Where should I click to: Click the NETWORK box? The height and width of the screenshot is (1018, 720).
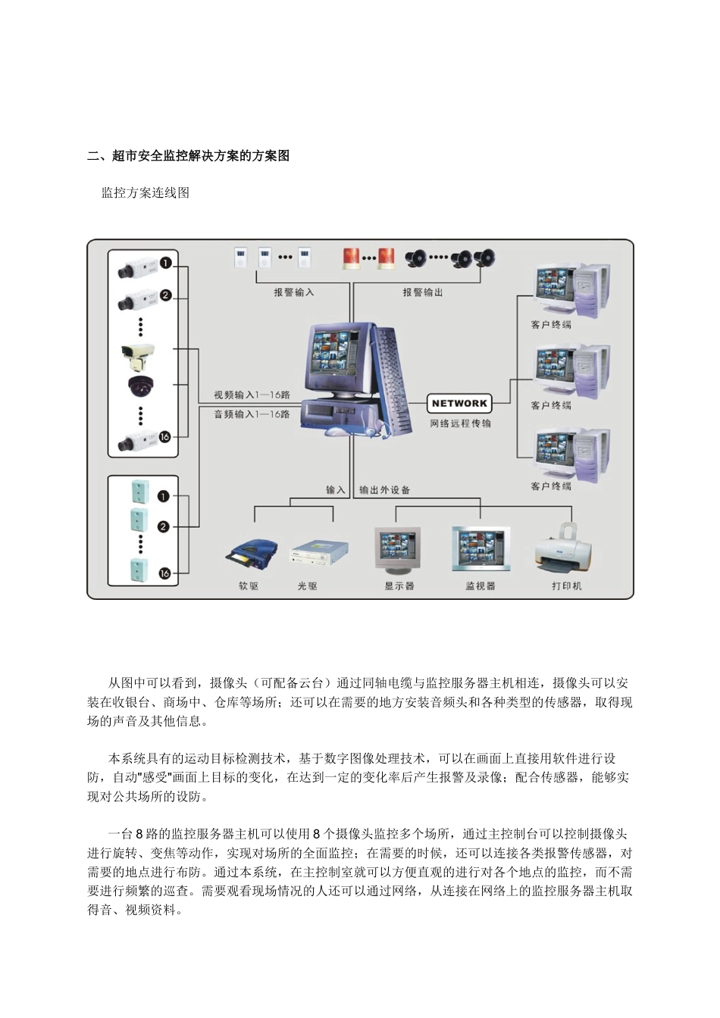point(459,404)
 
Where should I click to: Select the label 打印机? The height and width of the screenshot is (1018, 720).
point(566,586)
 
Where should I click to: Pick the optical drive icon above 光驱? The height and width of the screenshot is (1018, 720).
point(319,553)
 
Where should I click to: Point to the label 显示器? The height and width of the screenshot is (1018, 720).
point(399,586)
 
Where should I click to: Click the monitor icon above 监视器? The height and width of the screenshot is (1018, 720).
point(481,548)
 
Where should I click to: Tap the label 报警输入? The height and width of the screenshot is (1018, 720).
point(293,292)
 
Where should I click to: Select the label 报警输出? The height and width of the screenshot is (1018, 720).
point(422,292)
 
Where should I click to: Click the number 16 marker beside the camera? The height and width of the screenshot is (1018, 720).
point(164,436)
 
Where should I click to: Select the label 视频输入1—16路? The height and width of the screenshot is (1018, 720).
point(252,395)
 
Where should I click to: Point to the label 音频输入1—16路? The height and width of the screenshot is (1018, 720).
point(252,414)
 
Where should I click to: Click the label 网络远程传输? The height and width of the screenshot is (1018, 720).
point(460,423)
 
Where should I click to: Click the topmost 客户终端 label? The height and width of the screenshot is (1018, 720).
point(551,325)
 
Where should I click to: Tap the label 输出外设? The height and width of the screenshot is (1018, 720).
point(384,490)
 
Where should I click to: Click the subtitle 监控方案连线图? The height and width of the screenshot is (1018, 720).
point(146,193)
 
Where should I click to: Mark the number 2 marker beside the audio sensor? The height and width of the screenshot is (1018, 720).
point(164,526)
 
